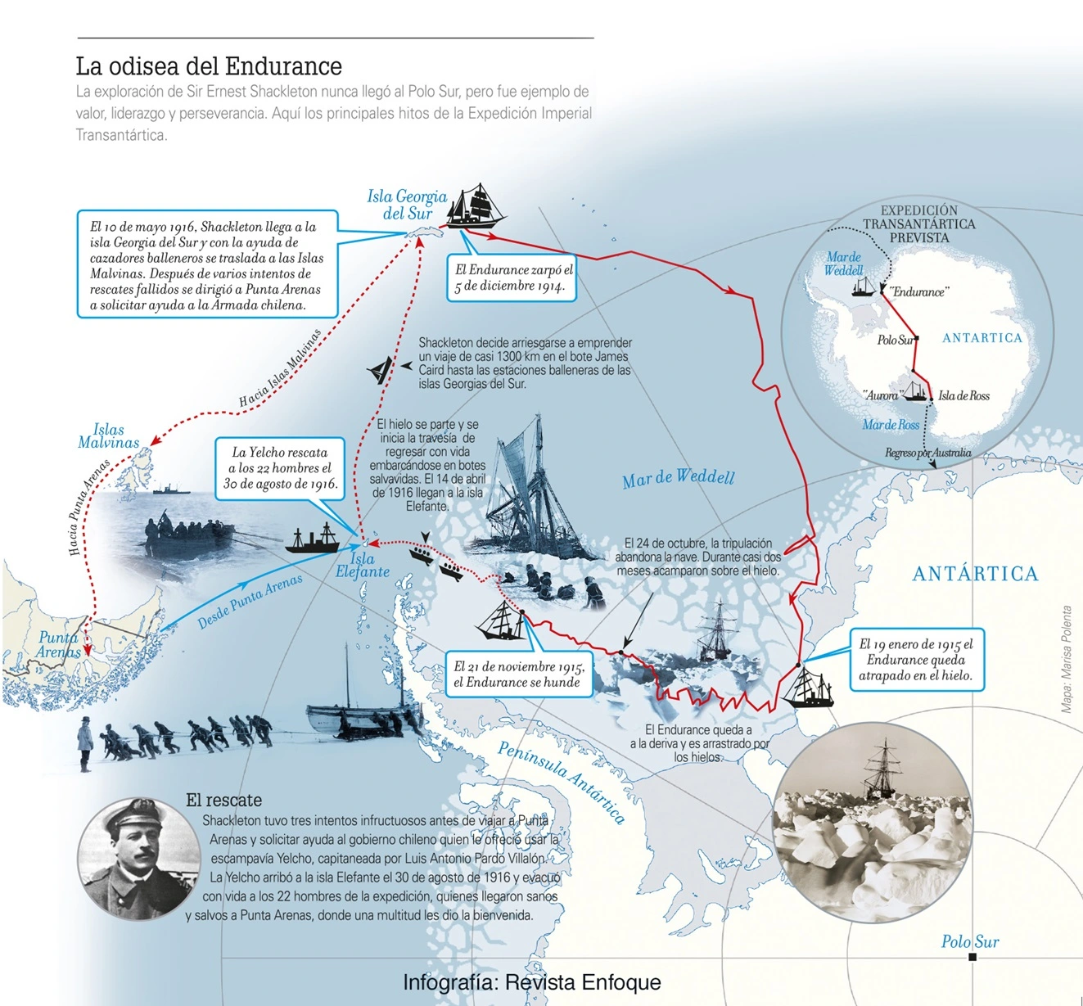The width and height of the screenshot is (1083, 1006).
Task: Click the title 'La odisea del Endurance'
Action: click(209, 66)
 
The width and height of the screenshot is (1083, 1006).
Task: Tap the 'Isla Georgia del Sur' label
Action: click(407, 205)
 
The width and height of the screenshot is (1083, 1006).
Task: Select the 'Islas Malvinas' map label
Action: click(109, 436)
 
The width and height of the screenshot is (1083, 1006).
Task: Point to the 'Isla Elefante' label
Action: click(363, 565)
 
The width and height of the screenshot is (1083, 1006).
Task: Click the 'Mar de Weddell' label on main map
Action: click(678, 478)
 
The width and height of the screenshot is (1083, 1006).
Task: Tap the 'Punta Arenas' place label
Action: click(58, 644)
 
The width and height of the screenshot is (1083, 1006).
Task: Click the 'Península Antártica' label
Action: click(562, 782)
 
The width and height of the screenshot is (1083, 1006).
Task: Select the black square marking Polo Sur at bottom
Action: click(972, 957)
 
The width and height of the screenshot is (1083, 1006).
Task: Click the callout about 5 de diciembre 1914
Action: click(513, 277)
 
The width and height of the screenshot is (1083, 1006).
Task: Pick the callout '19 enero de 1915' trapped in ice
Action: click(916, 660)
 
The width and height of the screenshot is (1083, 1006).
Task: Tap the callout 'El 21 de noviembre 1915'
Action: click(518, 674)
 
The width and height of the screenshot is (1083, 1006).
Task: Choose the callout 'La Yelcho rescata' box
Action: click(280, 468)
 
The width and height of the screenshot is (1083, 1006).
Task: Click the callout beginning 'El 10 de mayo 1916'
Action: click(207, 265)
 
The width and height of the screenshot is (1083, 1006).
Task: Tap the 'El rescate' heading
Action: click(223, 801)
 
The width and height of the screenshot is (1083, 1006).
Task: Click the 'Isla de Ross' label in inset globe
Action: click(963, 396)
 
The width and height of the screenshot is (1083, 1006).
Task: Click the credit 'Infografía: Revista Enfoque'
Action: click(531, 982)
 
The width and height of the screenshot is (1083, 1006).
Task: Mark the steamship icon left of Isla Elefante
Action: click(312, 540)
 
